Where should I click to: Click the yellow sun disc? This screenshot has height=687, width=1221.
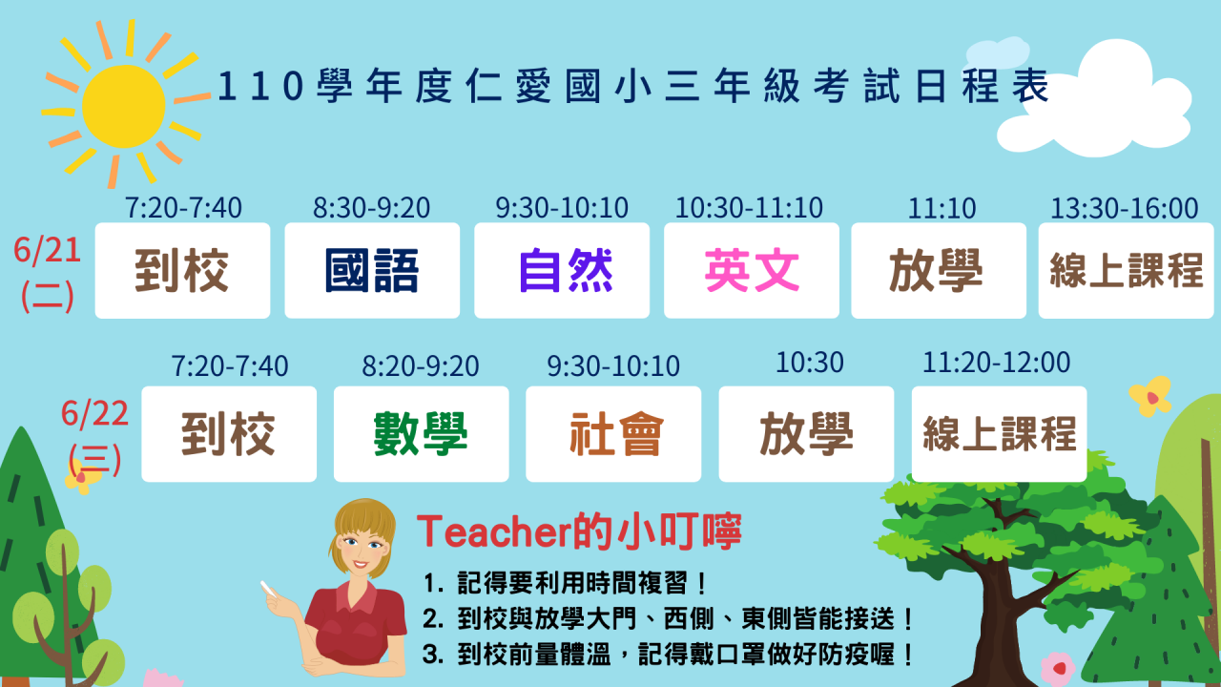[124, 106]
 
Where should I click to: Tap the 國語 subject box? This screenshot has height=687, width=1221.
[372, 270]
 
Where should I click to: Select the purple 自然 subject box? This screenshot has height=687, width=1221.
[562, 270]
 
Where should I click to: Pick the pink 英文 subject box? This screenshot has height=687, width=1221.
[752, 270]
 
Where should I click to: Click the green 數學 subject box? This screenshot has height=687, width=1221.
[422, 434]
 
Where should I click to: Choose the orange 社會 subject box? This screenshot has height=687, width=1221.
[613, 434]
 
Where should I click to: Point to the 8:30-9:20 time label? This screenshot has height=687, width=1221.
[371, 208]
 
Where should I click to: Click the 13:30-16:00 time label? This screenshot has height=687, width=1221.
[1125, 208]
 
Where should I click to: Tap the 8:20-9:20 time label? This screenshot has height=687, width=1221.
[421, 365]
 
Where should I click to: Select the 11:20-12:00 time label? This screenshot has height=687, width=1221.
[997, 363]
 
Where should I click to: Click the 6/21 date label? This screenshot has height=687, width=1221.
[48, 251]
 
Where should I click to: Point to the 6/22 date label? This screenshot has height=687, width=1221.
[94, 413]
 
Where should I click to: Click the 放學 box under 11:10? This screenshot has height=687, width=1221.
[939, 270]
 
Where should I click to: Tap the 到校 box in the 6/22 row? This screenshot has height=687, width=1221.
[229, 434]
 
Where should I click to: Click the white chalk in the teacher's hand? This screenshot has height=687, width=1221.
[268, 589]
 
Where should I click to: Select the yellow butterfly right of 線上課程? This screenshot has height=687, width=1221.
[1150, 396]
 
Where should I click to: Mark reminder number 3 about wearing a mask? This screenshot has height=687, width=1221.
[668, 655]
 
